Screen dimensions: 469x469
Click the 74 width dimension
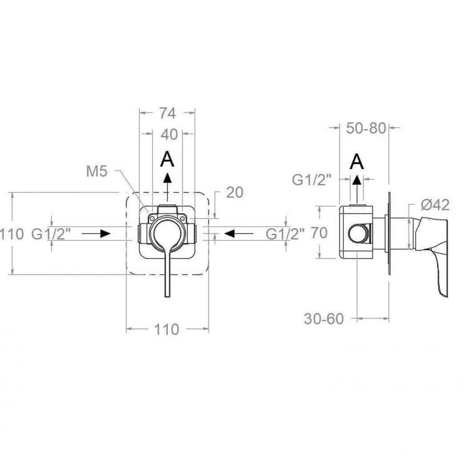pos(167,113)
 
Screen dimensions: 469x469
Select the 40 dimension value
pos(169,134)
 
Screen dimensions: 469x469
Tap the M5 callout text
pos(97,172)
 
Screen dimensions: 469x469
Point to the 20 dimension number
pos(235,192)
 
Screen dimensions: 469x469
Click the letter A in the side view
pos(357,162)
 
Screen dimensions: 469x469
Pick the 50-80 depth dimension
pos(366,128)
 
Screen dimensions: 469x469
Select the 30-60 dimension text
pos(324,319)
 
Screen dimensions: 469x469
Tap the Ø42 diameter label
pos(435,205)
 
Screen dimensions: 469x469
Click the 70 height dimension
pos(319,233)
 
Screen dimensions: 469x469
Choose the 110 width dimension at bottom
pos(166,330)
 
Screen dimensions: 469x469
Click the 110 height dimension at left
pos(12,234)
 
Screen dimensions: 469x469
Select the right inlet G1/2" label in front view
pos(286,234)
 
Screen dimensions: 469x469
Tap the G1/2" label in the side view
pos(312,180)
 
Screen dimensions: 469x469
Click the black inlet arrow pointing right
pos(96,234)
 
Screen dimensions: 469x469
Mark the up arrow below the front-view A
pos(167,186)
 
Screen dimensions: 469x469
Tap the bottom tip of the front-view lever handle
pos(167,296)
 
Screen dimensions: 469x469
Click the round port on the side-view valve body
pos(359,233)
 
